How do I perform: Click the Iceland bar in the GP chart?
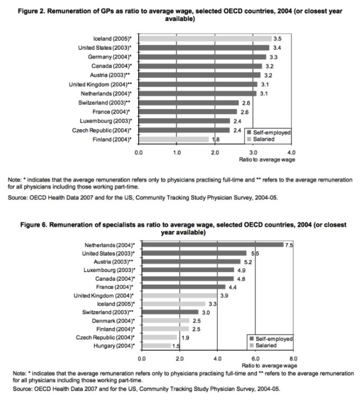(205, 39)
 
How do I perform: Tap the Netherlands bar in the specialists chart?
(212, 245)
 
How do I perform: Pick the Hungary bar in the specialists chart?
(156, 346)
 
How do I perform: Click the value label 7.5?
(289, 245)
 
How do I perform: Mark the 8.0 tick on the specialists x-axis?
(294, 358)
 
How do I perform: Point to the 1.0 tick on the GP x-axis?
(177, 152)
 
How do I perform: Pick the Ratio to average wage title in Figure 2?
(268, 159)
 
